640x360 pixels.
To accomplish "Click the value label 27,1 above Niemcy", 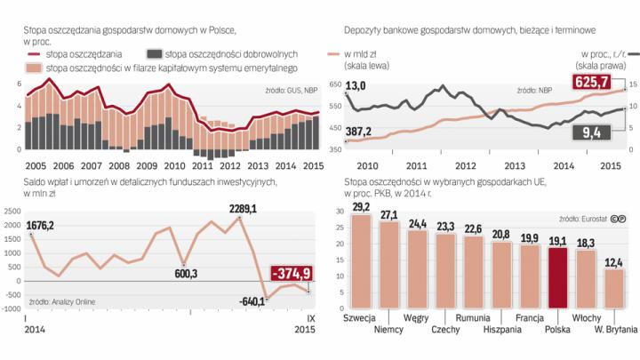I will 389,214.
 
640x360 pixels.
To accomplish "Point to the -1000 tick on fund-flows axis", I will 11,308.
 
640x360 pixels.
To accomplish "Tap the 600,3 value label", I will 187,272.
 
